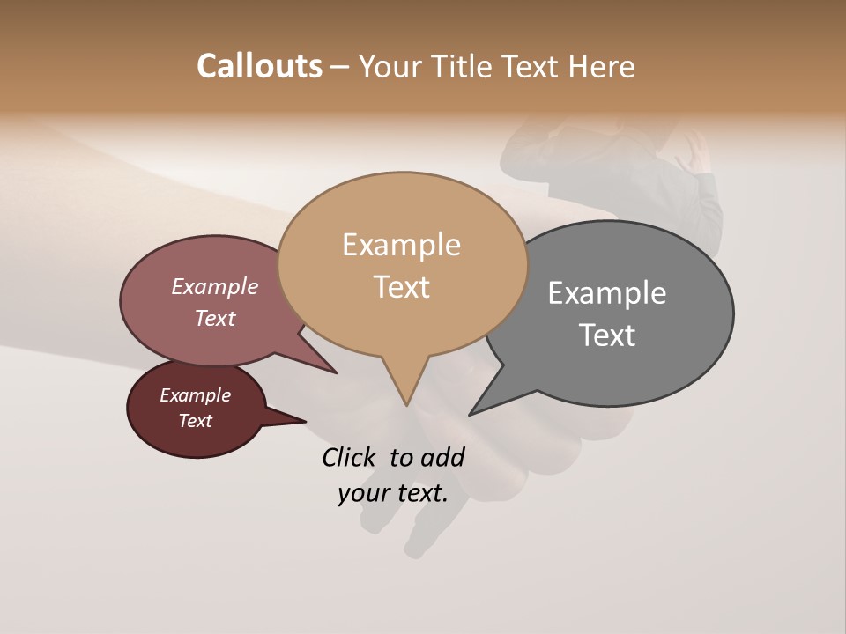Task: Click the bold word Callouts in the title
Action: pos(259,66)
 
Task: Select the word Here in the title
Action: pos(602,66)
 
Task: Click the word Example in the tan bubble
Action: pos(401,245)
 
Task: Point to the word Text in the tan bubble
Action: pos(401,287)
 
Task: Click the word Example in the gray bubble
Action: pos(607,293)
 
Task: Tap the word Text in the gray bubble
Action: pos(607,335)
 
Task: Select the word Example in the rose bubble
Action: pos(214,286)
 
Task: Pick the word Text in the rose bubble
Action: pos(214,318)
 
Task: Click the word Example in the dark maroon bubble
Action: pos(195,395)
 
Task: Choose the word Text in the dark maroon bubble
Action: pos(195,421)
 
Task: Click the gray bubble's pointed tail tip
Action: pos(471,414)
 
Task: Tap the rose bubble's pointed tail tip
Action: pos(336,372)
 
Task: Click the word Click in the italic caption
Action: pos(350,457)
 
